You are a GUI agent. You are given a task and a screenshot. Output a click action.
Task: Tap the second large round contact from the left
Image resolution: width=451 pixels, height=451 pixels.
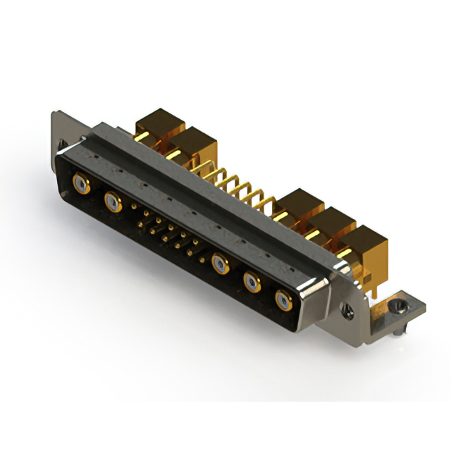(112, 203)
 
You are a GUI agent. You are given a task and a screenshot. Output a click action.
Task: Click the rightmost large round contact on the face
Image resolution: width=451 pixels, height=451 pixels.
(283, 301)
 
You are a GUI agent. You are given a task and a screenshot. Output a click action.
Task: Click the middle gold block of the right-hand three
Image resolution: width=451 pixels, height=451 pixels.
(330, 227)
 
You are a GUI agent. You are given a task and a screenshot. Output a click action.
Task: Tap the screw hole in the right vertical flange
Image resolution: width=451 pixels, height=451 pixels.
(346, 307)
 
